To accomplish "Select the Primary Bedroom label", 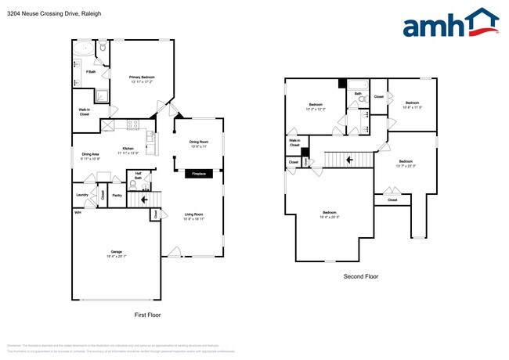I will click(142, 78).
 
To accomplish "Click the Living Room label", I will click(194, 216).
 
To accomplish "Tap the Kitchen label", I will click(128, 151).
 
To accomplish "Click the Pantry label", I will click(117, 195).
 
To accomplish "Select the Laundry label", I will click(81, 195).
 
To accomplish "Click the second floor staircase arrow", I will click(348, 160).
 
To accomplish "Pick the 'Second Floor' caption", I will click(361, 276).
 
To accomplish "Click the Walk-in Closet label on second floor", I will click(294, 143).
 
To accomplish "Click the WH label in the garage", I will click(78, 213).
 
